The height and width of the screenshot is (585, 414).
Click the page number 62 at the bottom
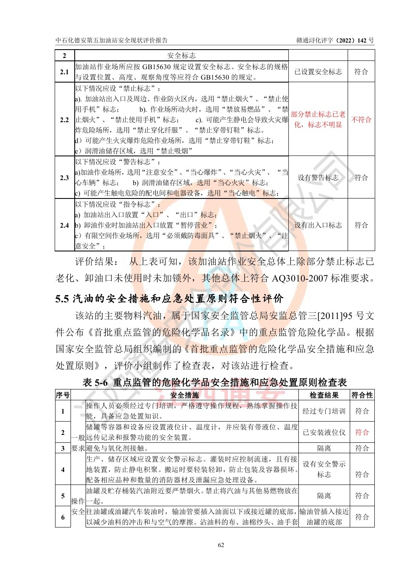pyautogui.click(x=221, y=545)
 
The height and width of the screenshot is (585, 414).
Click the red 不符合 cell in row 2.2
pyautogui.click(x=361, y=120)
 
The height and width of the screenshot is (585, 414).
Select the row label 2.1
pyautogui.click(x=64, y=72)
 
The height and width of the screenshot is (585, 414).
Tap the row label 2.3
pyautogui.click(x=64, y=178)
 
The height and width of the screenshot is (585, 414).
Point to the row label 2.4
pyautogui.click(x=64, y=225)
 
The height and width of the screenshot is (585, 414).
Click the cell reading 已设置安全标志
pyautogui.click(x=318, y=72)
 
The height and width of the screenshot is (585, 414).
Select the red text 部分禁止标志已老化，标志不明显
pyautogui.click(x=318, y=119)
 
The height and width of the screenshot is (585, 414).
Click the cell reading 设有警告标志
pyautogui.click(x=318, y=178)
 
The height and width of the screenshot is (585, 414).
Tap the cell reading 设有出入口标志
pyautogui.click(x=318, y=225)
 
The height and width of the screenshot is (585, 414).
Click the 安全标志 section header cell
pyautogui.click(x=182, y=55)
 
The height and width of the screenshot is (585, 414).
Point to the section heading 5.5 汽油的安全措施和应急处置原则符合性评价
pyautogui.click(x=169, y=299)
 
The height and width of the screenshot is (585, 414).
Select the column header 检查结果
pyautogui.click(x=324, y=395)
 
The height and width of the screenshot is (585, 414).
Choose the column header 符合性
pyautogui.click(x=362, y=395)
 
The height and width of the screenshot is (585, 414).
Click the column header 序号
pyautogui.click(x=63, y=395)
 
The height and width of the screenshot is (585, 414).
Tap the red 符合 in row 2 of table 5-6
pyautogui.click(x=362, y=432)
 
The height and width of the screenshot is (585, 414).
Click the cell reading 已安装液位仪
pyautogui.click(x=324, y=432)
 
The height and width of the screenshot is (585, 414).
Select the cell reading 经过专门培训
pyautogui.click(x=324, y=411)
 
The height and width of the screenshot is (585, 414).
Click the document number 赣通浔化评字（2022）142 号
pyautogui.click(x=335, y=40)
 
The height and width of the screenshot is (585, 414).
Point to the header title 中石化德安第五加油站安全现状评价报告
pyautogui.click(x=112, y=40)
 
